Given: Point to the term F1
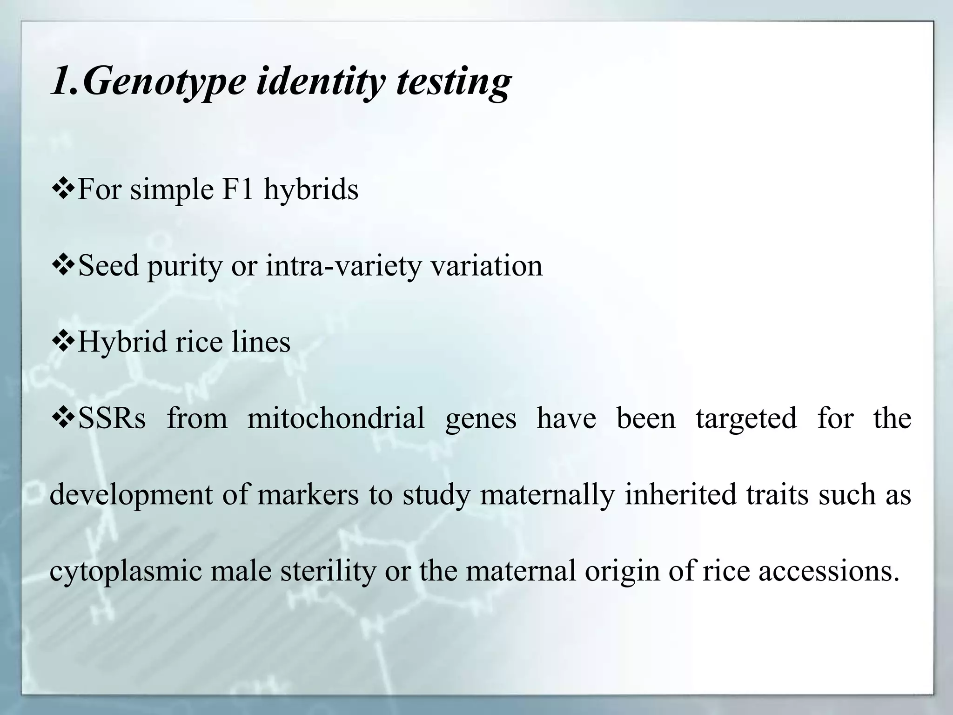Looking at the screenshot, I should [237, 189].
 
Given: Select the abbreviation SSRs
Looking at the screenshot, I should [112, 418].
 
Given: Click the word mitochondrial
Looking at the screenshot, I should [336, 418].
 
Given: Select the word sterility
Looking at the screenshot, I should [328, 571].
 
